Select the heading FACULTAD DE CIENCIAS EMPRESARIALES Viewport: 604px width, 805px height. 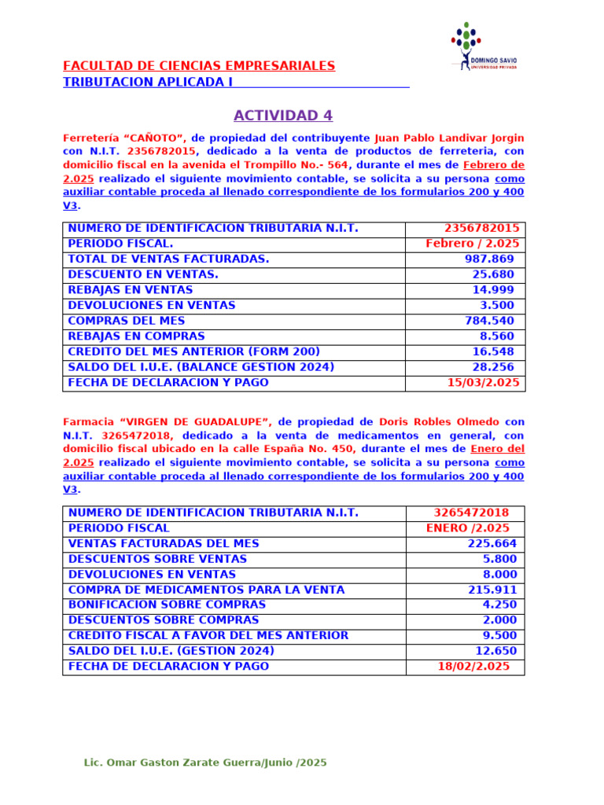(x=199, y=66)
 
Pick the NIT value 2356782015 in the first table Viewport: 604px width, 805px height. (x=482, y=229)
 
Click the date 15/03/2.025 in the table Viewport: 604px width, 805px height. (x=483, y=383)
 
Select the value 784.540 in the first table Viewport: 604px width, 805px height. (x=489, y=321)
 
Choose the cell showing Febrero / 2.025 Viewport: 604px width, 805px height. (x=472, y=244)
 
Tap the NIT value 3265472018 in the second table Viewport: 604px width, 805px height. (x=471, y=513)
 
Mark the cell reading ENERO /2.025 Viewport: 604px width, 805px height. (x=467, y=528)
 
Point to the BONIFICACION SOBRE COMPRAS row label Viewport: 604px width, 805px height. (x=167, y=605)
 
